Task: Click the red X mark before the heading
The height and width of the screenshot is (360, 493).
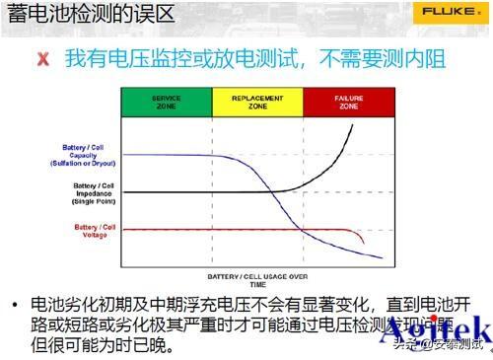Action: pyautogui.click(x=42, y=59)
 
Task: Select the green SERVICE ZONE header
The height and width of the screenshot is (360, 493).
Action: pyautogui.click(x=166, y=101)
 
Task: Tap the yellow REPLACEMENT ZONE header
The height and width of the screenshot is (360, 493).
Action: pyautogui.click(x=256, y=101)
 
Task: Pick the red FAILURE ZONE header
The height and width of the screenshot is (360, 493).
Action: pyautogui.click(x=348, y=101)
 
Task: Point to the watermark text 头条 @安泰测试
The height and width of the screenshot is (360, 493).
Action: pyautogui.click(x=441, y=345)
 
